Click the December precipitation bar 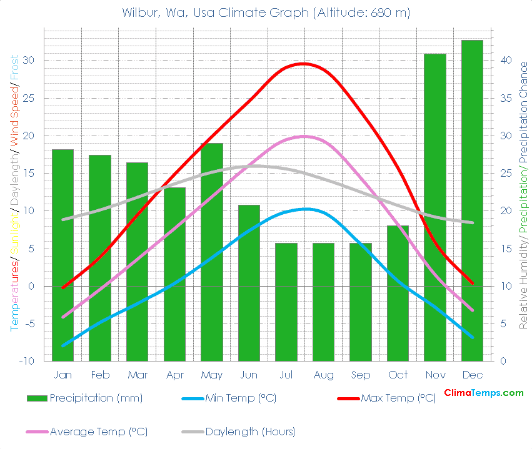pos(472,200)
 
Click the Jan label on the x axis pos(63,375)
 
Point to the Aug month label pos(323,375)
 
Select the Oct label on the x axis pos(398,375)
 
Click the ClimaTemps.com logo pos(483,393)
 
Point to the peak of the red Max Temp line pos(303,63)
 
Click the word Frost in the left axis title pos(14,69)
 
